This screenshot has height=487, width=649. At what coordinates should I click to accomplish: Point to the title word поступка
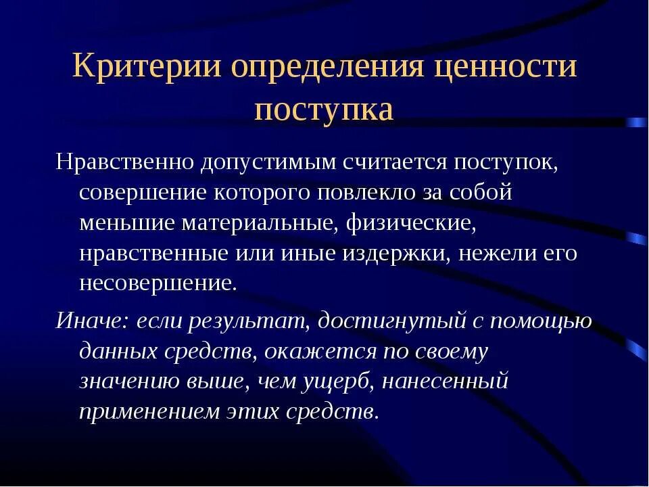coord(324,109)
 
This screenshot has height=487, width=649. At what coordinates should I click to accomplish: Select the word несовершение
coord(158,282)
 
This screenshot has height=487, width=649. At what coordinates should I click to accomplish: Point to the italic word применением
coord(146,413)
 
